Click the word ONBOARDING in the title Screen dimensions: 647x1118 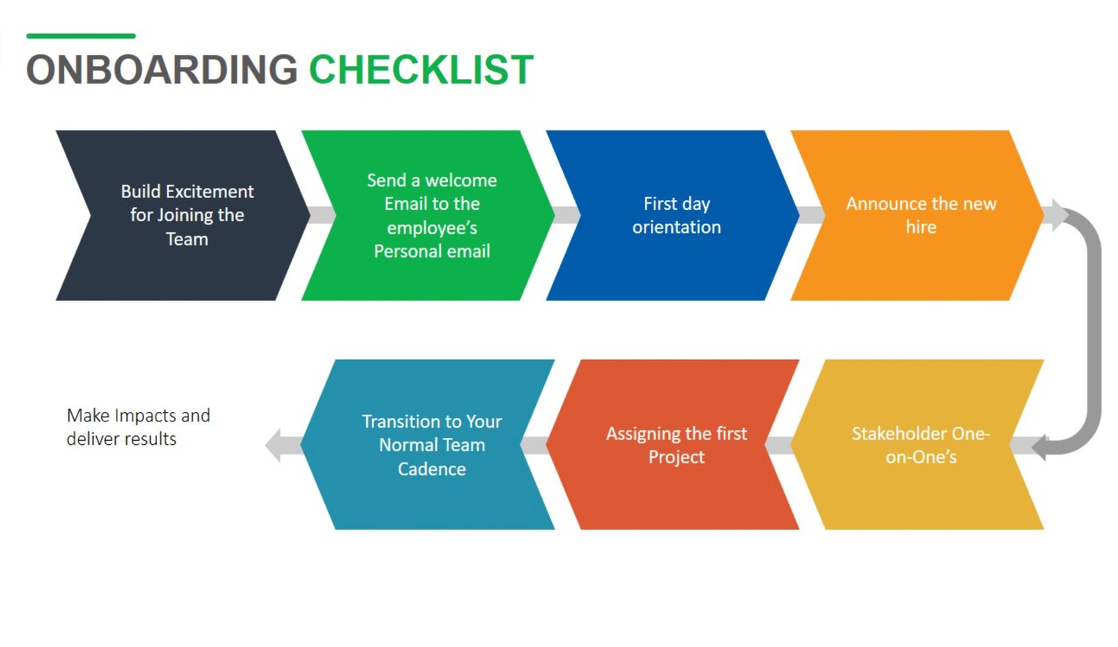pyautogui.click(x=162, y=70)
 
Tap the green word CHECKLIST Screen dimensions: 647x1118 pyautogui.click(x=421, y=70)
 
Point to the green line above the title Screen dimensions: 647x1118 pyautogui.click(x=81, y=36)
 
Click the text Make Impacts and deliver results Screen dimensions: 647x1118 pyautogui.click(x=138, y=427)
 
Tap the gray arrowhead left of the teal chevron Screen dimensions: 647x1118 pyautogui.click(x=276, y=445)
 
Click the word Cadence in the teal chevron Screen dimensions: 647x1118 pyautogui.click(x=431, y=469)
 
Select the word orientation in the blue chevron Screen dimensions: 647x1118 pyautogui.click(x=676, y=228)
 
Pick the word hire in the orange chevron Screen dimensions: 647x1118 pyautogui.click(x=921, y=228)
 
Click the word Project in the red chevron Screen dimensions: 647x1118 pyautogui.click(x=676, y=457)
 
